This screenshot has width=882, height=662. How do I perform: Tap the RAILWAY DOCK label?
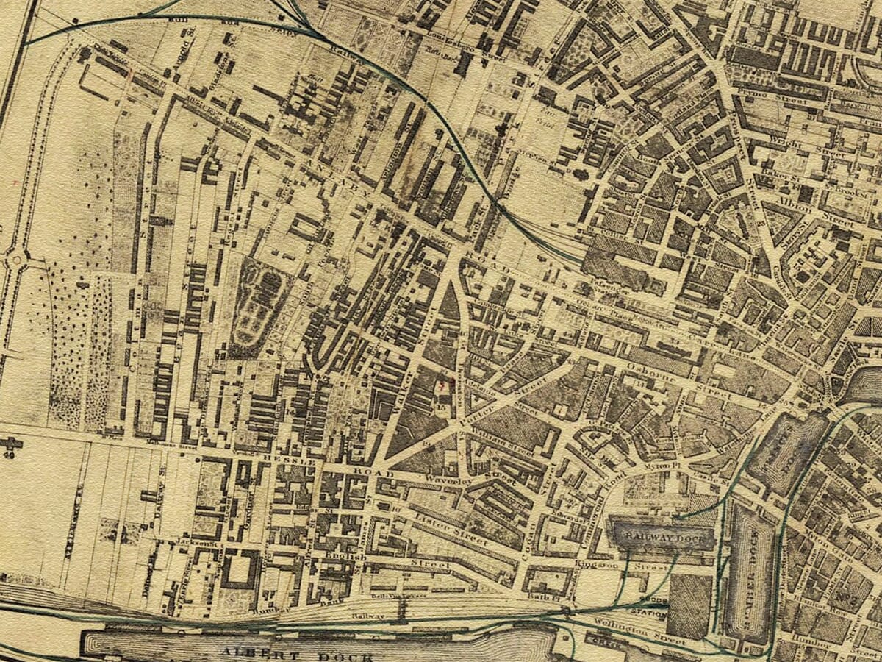pos(661,538)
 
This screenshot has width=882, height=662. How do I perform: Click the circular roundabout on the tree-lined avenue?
pos(15,259)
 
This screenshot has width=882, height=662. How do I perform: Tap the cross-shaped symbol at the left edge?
pos(11,444)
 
